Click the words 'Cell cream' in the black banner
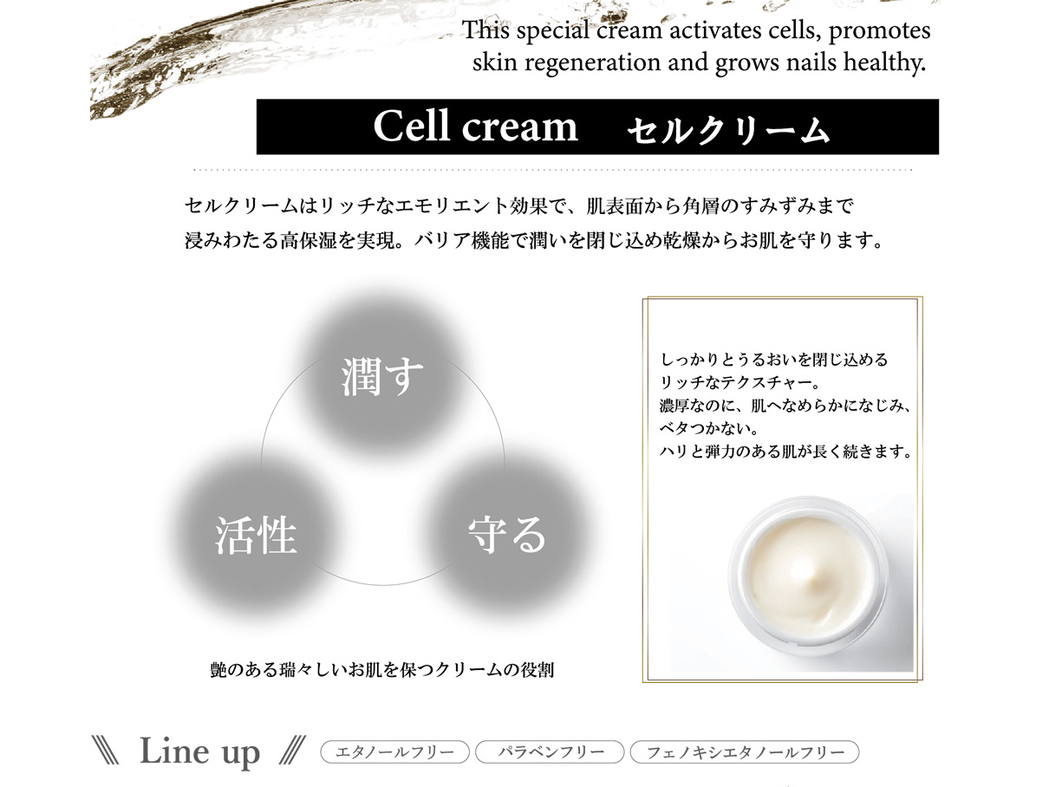pyautogui.click(x=475, y=127)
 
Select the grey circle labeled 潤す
pyautogui.click(x=382, y=376)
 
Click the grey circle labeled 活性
pyautogui.click(x=256, y=536)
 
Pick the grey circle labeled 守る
pyautogui.click(x=506, y=536)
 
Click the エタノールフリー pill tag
pyautogui.click(x=394, y=752)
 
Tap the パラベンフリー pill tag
pyautogui.click(x=550, y=752)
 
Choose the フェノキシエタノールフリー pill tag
pyautogui.click(x=745, y=752)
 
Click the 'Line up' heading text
pyautogui.click(x=199, y=751)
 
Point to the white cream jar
pyautogui.click(x=808, y=576)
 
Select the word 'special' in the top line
pyautogui.click(x=553, y=30)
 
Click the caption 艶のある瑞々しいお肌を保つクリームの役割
pyautogui.click(x=381, y=670)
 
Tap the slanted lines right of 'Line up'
pyautogui.click(x=292, y=751)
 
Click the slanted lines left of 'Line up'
pyautogui.click(x=105, y=751)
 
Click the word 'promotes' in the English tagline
pyautogui.click(x=879, y=31)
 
